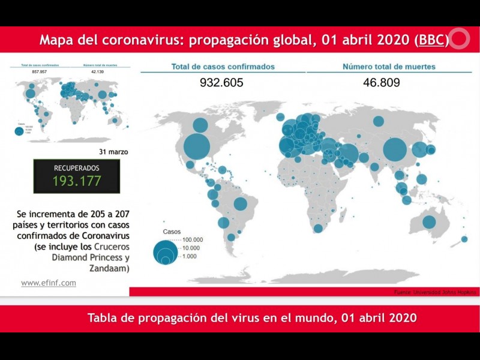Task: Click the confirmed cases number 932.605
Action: click(x=221, y=83)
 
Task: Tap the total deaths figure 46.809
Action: click(x=381, y=83)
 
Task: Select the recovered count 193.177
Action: click(x=77, y=181)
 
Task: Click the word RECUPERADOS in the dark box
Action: click(x=77, y=168)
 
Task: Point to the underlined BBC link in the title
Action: click(x=432, y=40)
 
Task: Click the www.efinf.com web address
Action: click(x=49, y=283)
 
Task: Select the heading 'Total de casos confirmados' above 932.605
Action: click(x=223, y=67)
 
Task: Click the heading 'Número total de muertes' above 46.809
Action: click(x=389, y=67)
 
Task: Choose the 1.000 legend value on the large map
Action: click(x=190, y=256)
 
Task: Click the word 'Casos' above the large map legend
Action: click(x=172, y=232)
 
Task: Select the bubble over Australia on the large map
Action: click(x=429, y=222)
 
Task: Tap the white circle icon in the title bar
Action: click(x=459, y=40)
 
